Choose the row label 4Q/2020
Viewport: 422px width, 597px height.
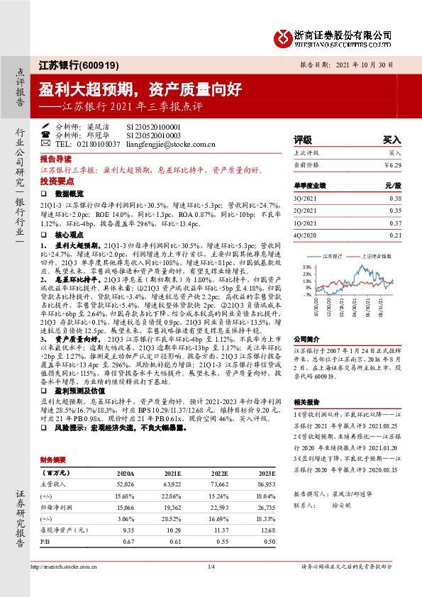tap(306, 235)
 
